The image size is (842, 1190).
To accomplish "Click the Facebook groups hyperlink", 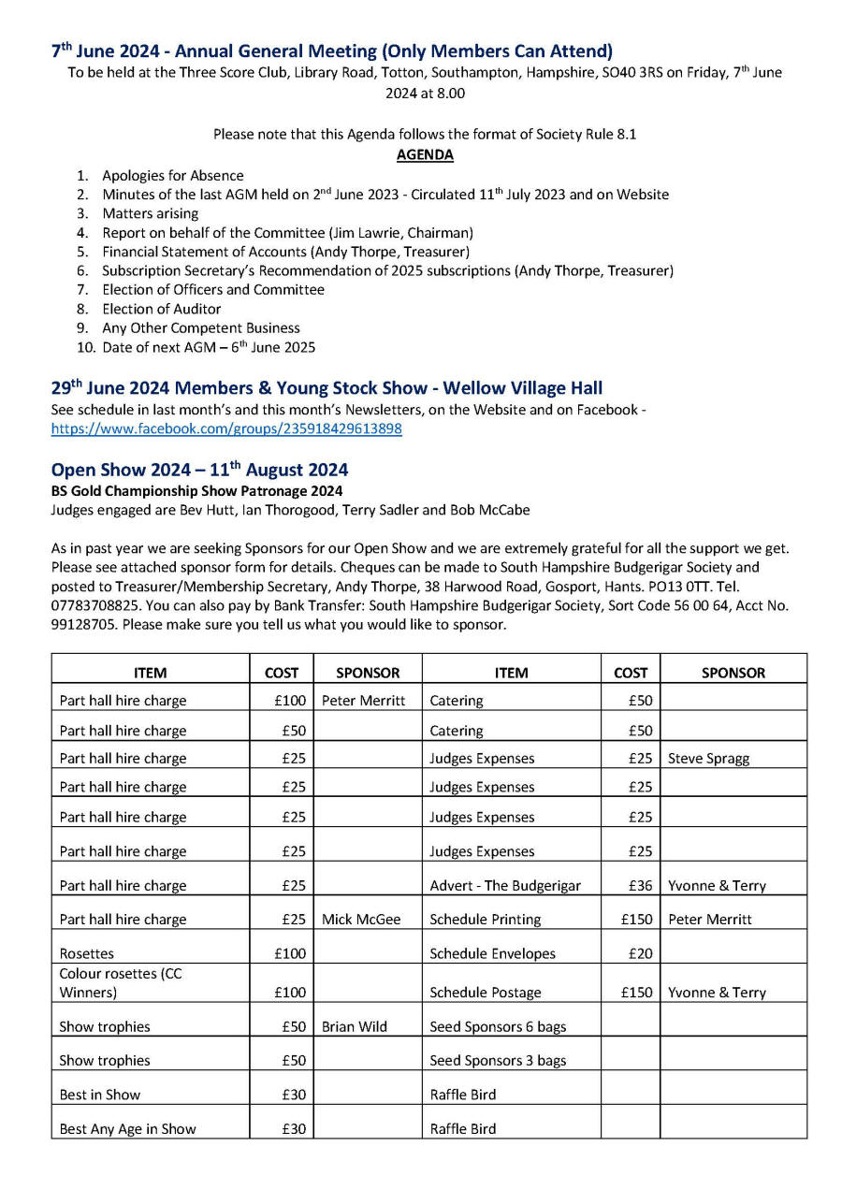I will point(226,428).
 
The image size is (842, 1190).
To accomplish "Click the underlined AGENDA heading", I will point(425,154).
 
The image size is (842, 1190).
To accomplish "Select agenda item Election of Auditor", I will point(162,309).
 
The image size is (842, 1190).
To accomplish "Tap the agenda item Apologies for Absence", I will point(173,175).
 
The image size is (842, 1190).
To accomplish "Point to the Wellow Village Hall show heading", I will point(327,387).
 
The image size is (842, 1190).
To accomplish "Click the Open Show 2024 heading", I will point(199,469).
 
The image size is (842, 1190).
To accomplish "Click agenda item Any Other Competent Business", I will point(201,327).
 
